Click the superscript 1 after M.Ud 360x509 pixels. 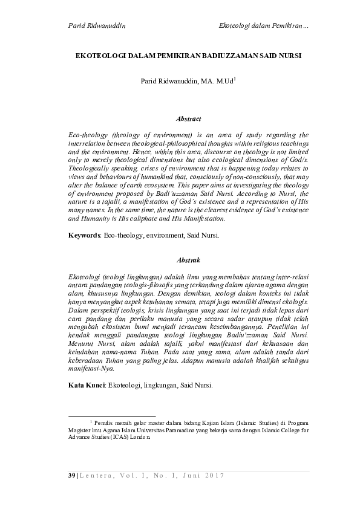(235, 78)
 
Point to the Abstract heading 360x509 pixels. (188, 119)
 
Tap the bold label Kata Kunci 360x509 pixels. (87, 384)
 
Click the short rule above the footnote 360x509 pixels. (111, 417)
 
